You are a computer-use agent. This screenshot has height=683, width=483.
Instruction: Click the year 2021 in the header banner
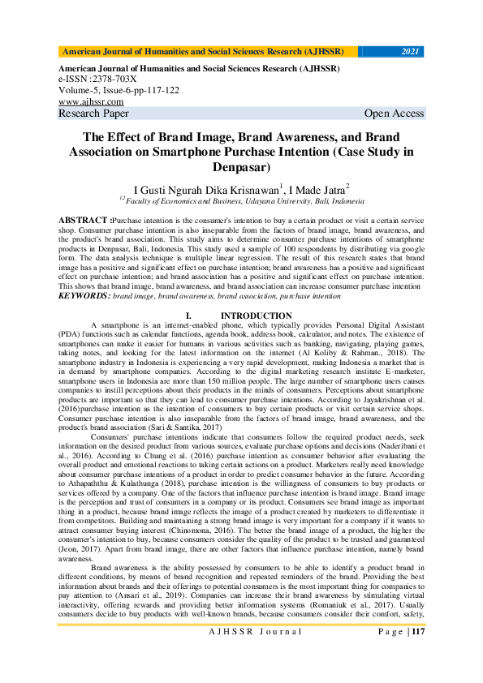[410, 52]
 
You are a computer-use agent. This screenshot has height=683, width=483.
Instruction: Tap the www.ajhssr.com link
[91, 102]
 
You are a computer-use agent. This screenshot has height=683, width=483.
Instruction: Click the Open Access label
[395, 114]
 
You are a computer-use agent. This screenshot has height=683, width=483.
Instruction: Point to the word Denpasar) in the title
[241, 167]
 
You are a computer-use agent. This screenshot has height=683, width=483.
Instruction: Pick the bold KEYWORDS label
[84, 297]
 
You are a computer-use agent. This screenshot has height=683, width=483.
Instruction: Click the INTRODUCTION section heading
[257, 316]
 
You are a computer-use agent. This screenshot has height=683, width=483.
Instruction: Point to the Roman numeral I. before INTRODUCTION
[188, 316]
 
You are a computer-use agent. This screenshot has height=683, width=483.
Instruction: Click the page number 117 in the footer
[418, 632]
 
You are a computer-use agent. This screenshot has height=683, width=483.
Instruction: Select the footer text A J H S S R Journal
[257, 632]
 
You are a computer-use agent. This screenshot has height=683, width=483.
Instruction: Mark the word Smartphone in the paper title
[228, 151]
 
